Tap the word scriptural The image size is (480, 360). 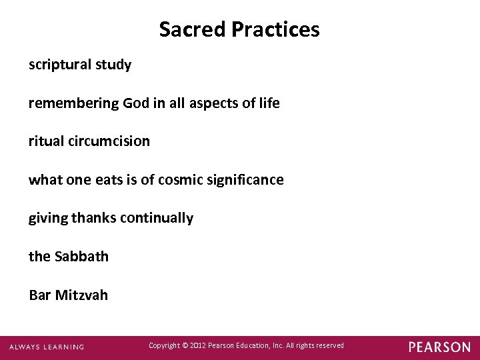pyautogui.click(x=59, y=65)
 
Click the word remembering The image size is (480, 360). pyautogui.click(x=73, y=103)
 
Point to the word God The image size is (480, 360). pyautogui.click(x=136, y=103)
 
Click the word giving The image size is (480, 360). pyautogui.click(x=48, y=219)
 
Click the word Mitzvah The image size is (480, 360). pyautogui.click(x=82, y=295)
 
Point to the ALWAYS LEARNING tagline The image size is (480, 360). pyautogui.click(x=47, y=347)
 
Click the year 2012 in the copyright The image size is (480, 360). pyautogui.click(x=197, y=345)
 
